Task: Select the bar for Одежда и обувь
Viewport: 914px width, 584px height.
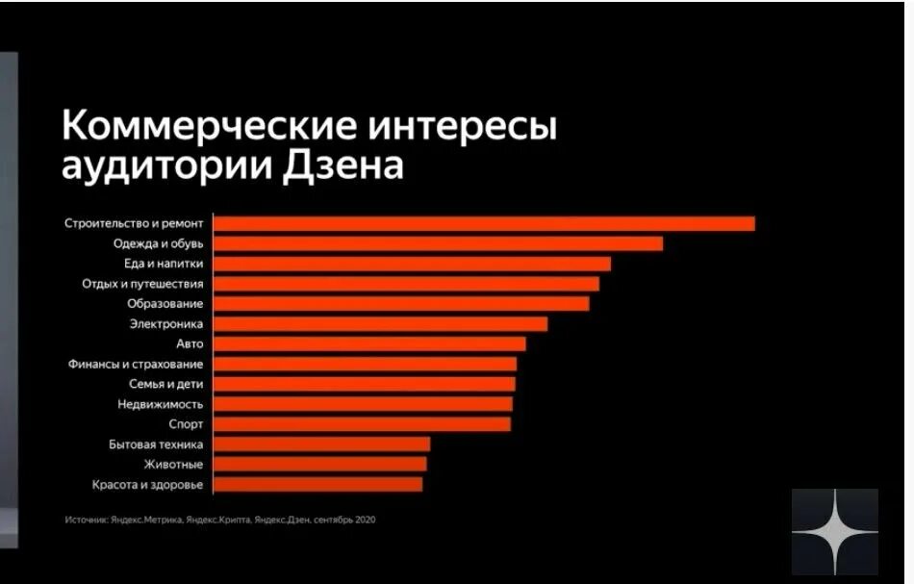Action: pos(438,243)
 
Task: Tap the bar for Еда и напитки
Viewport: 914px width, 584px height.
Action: pos(412,264)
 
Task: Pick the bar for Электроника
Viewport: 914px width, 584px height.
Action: pos(380,324)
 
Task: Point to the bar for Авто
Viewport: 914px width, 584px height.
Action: pos(369,343)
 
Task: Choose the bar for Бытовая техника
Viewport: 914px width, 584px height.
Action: pos(321,444)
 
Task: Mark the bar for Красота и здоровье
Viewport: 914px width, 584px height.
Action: pos(317,484)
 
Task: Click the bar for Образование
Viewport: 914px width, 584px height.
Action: pos(401,304)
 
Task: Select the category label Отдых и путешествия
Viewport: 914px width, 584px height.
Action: pos(142,284)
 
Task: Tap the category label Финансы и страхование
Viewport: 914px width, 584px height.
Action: pos(136,364)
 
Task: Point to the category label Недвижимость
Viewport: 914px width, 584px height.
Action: pos(160,404)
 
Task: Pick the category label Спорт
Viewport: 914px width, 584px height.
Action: pos(185,424)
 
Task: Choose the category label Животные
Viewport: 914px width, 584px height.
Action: pos(173,464)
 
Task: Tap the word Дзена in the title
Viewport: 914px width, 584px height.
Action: pos(343,165)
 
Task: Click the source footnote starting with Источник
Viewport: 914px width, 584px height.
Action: pos(219,520)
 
